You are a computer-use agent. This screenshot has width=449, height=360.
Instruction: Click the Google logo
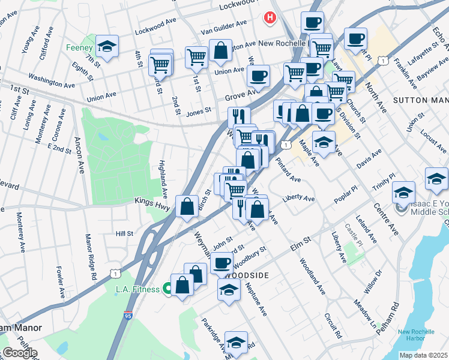click(19, 353)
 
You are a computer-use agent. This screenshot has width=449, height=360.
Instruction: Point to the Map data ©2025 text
click(423, 355)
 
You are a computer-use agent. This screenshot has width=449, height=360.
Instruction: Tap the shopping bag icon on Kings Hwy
click(187, 205)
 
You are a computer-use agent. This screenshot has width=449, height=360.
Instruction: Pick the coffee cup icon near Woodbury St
click(222, 262)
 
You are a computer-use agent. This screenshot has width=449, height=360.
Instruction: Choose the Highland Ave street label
click(163, 179)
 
